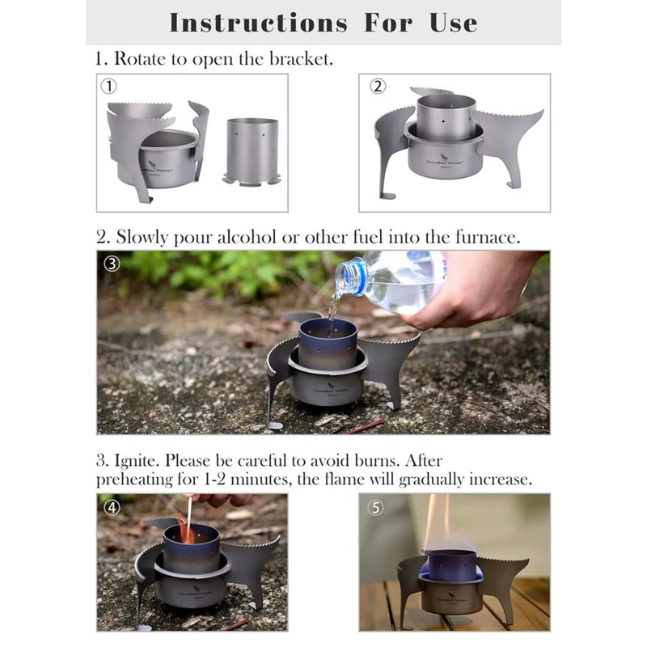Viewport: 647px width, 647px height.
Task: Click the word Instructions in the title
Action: [258, 22]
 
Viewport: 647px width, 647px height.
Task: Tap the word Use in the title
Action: [453, 22]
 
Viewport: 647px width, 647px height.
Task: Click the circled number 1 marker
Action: [108, 86]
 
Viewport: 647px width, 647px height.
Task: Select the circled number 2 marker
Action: [378, 86]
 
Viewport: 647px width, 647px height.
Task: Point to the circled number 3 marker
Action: [112, 264]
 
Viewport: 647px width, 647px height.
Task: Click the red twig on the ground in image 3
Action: [366, 425]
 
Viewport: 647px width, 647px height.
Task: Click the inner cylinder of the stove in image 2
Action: [450, 116]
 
